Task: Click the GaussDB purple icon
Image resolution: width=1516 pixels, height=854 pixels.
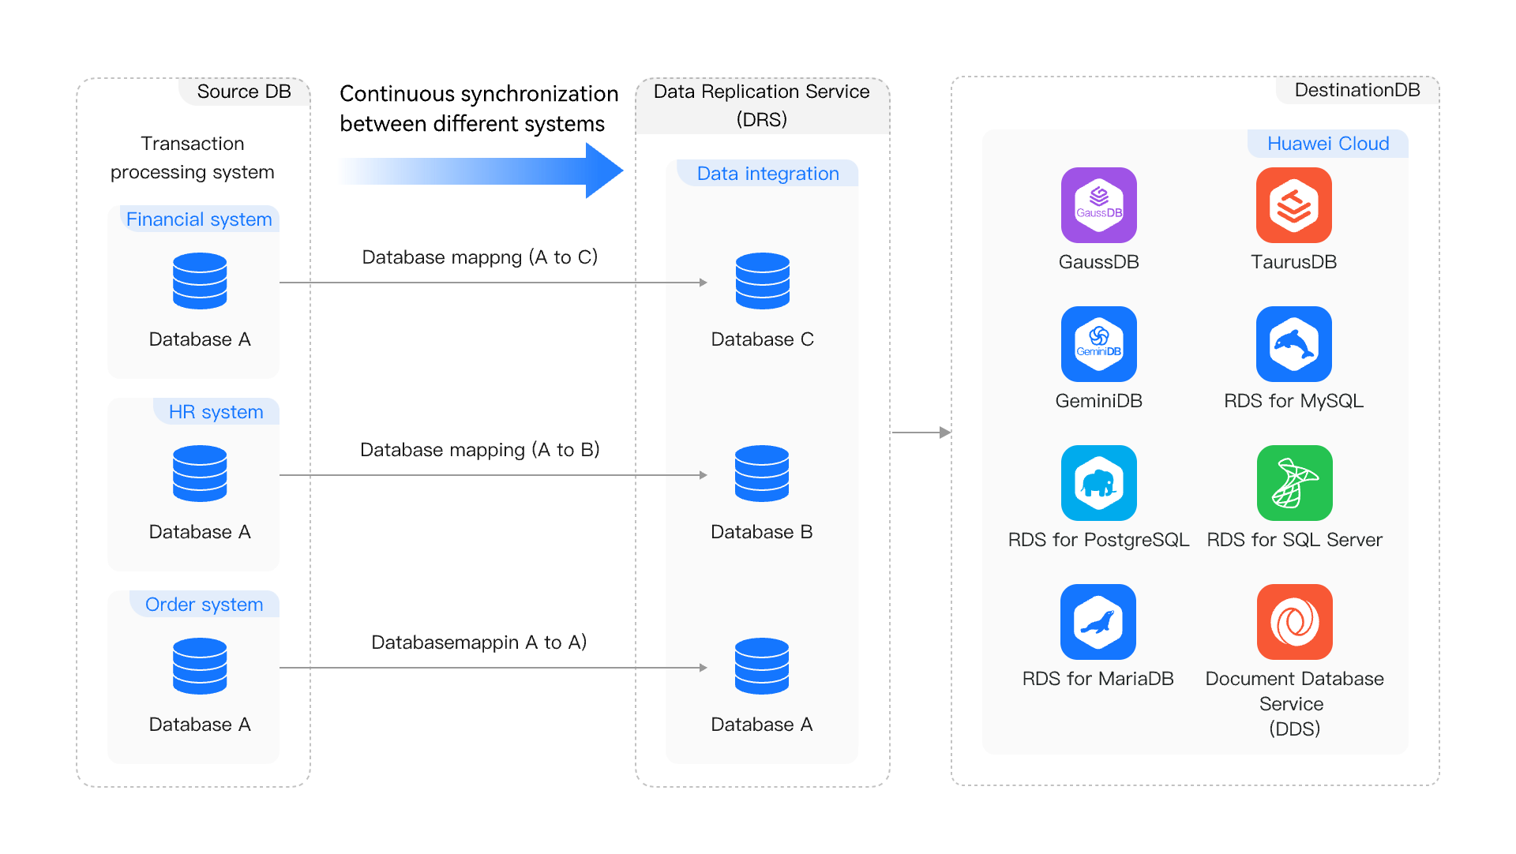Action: pyautogui.click(x=1098, y=205)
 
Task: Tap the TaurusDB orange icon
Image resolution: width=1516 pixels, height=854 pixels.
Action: pyautogui.click(x=1293, y=205)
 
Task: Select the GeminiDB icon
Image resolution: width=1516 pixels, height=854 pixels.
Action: pyautogui.click(x=1098, y=344)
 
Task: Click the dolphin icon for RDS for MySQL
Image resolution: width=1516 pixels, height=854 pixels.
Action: pyautogui.click(x=1293, y=344)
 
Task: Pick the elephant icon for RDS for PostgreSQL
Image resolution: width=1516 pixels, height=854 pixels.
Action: pyautogui.click(x=1098, y=483)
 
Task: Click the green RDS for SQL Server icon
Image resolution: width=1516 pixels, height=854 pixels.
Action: pyautogui.click(x=1294, y=483)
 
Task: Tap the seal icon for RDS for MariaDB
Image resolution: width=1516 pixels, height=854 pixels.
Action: pyautogui.click(x=1098, y=622)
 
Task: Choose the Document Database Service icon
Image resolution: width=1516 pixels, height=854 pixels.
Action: pyautogui.click(x=1294, y=622)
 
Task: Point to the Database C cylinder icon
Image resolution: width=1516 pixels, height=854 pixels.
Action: pyautogui.click(x=762, y=281)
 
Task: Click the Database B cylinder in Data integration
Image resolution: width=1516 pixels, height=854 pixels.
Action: pyautogui.click(x=761, y=474)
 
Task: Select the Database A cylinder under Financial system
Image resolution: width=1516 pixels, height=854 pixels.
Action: pyautogui.click(x=200, y=281)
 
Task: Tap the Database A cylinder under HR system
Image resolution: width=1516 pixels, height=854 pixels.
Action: pyautogui.click(x=200, y=474)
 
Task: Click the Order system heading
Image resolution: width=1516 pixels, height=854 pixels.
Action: pyautogui.click(x=204, y=605)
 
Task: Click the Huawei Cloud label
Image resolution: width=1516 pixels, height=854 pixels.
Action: pyautogui.click(x=1327, y=144)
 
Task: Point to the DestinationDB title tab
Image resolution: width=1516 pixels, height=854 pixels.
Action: pyautogui.click(x=1357, y=90)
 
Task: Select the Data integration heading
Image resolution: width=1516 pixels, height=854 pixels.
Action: pyautogui.click(x=767, y=174)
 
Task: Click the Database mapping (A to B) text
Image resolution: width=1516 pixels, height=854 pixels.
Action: pyautogui.click(x=479, y=450)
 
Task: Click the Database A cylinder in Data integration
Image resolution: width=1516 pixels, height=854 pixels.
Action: pyautogui.click(x=761, y=666)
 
